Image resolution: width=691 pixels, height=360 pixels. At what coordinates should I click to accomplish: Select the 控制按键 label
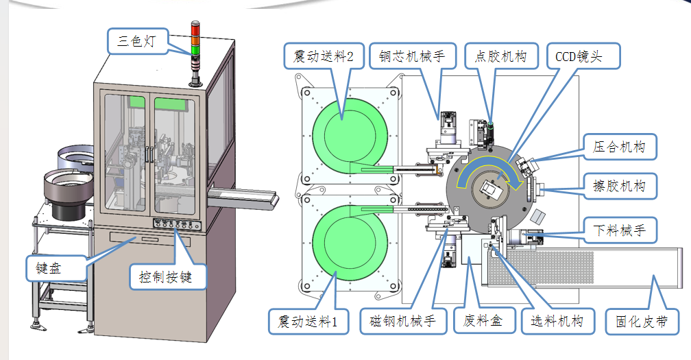(168, 277)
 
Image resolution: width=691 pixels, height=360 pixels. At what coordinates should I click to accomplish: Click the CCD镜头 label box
(583, 57)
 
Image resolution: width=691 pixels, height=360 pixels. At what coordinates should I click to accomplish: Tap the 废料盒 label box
(483, 321)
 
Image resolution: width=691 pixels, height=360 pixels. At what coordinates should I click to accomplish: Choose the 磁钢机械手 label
(402, 321)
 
